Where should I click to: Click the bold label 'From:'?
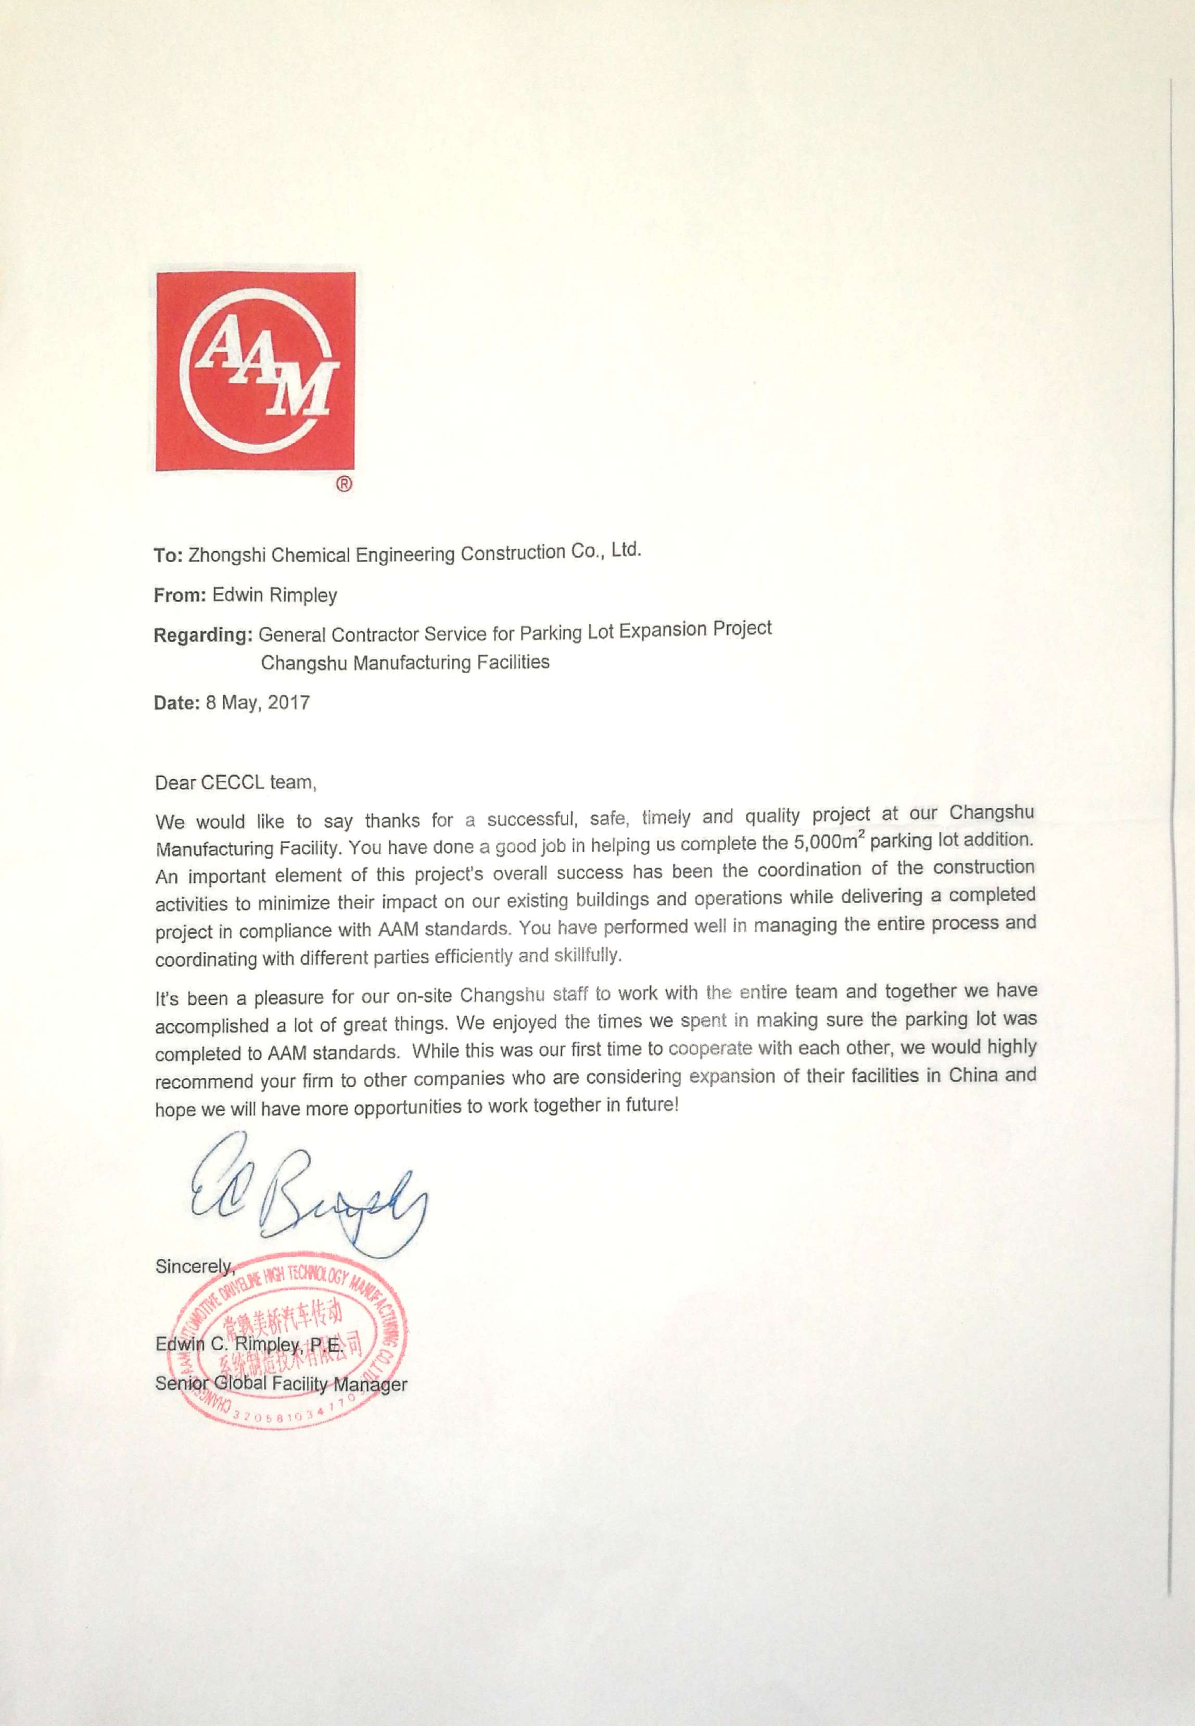pyautogui.click(x=180, y=596)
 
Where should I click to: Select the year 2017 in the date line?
pyautogui.click(x=288, y=702)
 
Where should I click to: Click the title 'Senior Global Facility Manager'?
pyautogui.click(x=281, y=1384)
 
